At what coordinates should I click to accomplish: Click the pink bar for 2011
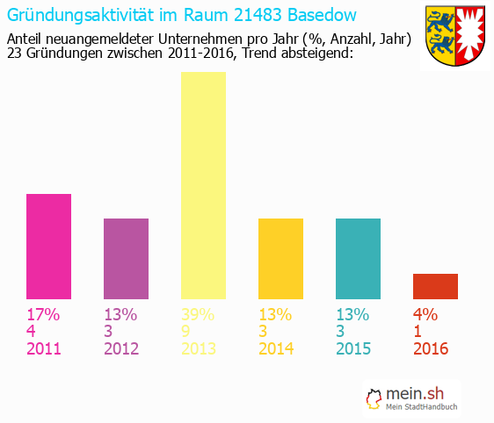point(48,246)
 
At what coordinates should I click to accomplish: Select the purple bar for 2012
point(126,258)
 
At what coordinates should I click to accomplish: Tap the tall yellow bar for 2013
point(203,184)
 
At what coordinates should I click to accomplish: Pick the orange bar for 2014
point(280,258)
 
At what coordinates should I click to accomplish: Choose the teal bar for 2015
point(358,258)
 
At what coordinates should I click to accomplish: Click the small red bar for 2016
point(435,286)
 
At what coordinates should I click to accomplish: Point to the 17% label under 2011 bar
point(42,314)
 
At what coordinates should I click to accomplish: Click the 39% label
point(198,314)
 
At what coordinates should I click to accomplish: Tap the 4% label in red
point(425,314)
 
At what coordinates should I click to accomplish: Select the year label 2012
point(121,348)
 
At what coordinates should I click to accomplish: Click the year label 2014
point(276,348)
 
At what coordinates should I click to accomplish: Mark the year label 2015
point(353,348)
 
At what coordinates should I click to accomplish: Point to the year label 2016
point(431,348)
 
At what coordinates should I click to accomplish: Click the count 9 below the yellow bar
point(186,332)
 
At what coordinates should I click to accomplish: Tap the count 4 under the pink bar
point(32,332)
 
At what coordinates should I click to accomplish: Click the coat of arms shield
point(454,37)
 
